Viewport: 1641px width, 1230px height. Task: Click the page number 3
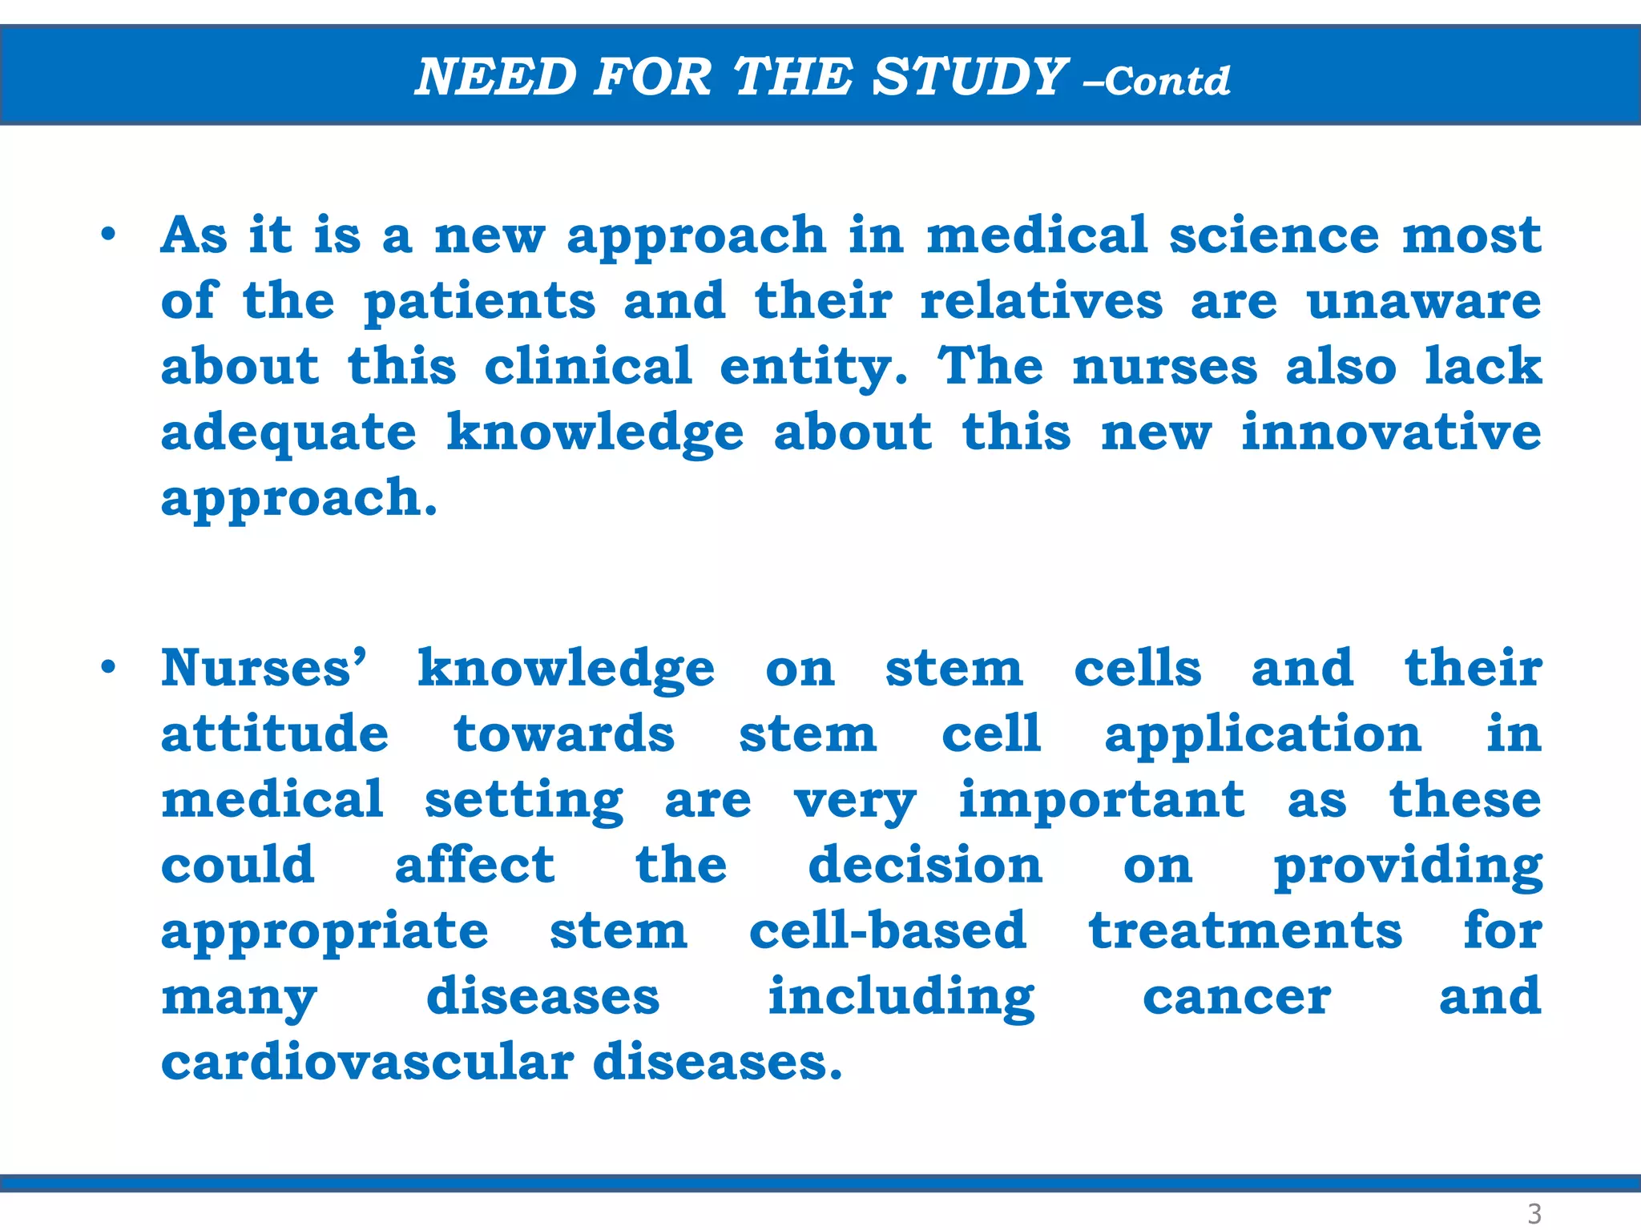click(1534, 1213)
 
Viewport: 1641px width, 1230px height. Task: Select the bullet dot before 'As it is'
click(108, 235)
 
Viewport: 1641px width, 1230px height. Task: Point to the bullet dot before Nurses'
click(108, 667)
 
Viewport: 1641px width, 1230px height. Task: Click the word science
click(1274, 235)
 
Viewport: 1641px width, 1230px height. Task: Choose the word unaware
click(1424, 301)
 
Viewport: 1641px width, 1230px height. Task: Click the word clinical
click(588, 367)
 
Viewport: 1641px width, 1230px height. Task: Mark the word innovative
click(1391, 432)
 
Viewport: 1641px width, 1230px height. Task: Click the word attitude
click(275, 734)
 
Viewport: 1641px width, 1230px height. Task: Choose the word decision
click(925, 866)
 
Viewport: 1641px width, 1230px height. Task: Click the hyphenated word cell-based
click(888, 931)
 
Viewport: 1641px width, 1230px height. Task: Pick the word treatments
click(1246, 931)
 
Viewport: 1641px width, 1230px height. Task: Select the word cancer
click(1236, 998)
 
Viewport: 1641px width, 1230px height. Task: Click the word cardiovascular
click(368, 1063)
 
